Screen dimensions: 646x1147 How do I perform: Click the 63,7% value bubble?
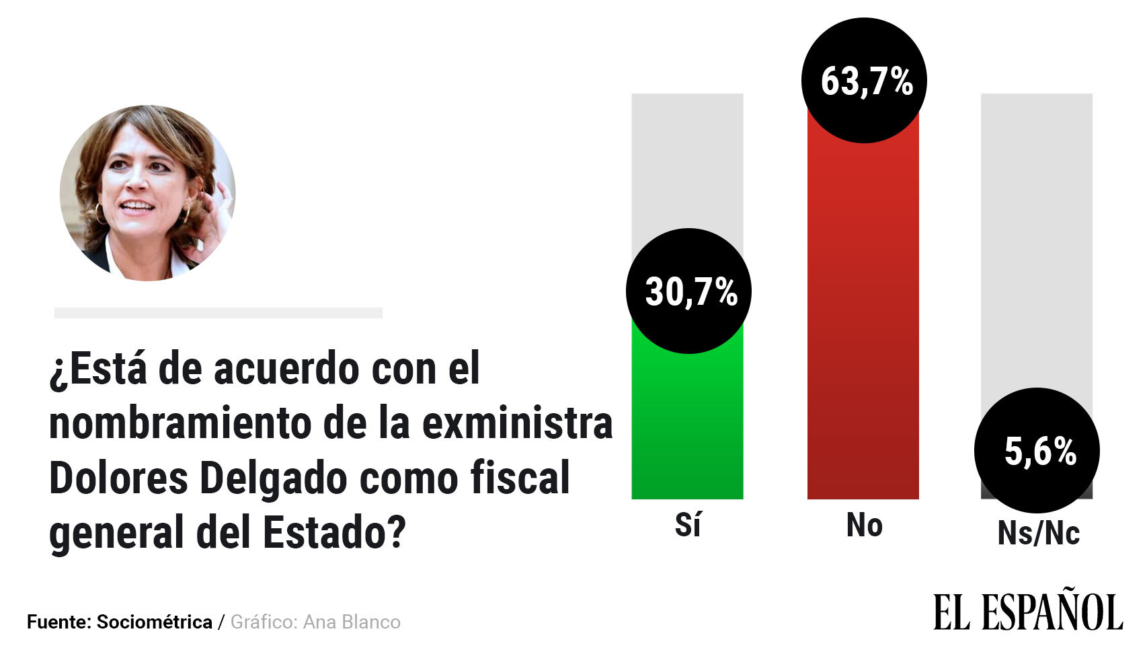click(x=864, y=81)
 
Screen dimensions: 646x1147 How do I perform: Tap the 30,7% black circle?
click(x=688, y=291)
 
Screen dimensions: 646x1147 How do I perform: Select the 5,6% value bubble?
click(x=1037, y=450)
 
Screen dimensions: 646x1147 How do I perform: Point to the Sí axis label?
click(x=688, y=526)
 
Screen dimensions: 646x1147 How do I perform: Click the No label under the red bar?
click(x=864, y=526)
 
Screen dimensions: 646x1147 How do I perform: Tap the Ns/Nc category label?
click(x=1038, y=534)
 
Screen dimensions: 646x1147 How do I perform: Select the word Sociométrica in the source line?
click(x=155, y=622)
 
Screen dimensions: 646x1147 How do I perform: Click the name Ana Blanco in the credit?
click(x=352, y=622)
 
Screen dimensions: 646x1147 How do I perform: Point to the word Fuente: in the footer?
click(x=59, y=622)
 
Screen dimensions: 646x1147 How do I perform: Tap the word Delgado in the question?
click(x=276, y=478)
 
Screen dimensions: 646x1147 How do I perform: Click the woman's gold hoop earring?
click(x=99, y=214)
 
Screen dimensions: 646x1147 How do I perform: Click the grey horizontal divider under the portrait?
click(x=218, y=313)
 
